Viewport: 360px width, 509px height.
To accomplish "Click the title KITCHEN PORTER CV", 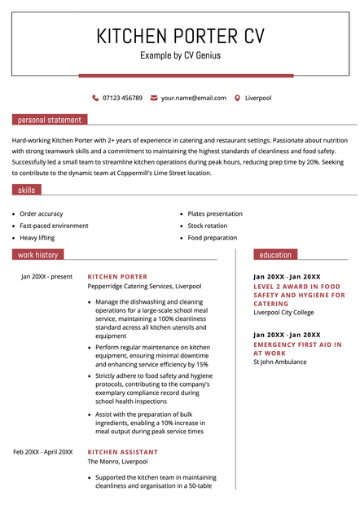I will click(x=180, y=36).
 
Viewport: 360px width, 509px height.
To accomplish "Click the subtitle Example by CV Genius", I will click(x=180, y=55).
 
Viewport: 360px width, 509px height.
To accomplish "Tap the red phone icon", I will click(x=95, y=98).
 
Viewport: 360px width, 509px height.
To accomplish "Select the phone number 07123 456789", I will click(x=122, y=98).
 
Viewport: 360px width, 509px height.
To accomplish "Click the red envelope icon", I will click(x=154, y=98).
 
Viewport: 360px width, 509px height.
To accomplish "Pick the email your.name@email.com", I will click(x=194, y=98).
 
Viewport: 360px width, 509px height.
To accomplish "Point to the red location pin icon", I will click(x=237, y=98).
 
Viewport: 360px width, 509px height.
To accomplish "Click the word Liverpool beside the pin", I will click(x=258, y=98).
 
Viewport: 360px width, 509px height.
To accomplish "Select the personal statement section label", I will click(x=49, y=120).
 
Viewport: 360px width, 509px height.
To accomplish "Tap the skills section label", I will click(x=27, y=190).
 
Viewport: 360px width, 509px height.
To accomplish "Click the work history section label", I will click(x=38, y=255).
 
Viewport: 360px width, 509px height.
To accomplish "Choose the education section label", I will click(x=275, y=255).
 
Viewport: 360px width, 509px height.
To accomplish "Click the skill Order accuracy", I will click(x=42, y=213).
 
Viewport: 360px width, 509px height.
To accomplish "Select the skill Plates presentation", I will click(x=215, y=213).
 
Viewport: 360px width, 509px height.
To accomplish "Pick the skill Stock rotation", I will click(x=208, y=226).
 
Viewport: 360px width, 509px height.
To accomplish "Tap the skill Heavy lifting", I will click(x=37, y=238).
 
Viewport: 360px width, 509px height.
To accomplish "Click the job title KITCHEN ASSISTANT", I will click(x=123, y=452).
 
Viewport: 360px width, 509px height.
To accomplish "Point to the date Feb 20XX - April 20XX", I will click(x=43, y=452).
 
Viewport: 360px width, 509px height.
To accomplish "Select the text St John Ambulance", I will click(x=280, y=362).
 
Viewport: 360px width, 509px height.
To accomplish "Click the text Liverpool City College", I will click(x=283, y=312).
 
